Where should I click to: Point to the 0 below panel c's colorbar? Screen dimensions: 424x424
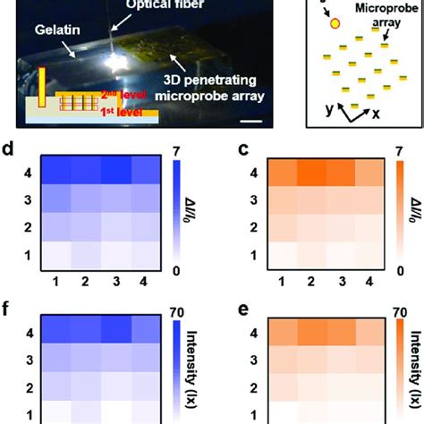394,270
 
